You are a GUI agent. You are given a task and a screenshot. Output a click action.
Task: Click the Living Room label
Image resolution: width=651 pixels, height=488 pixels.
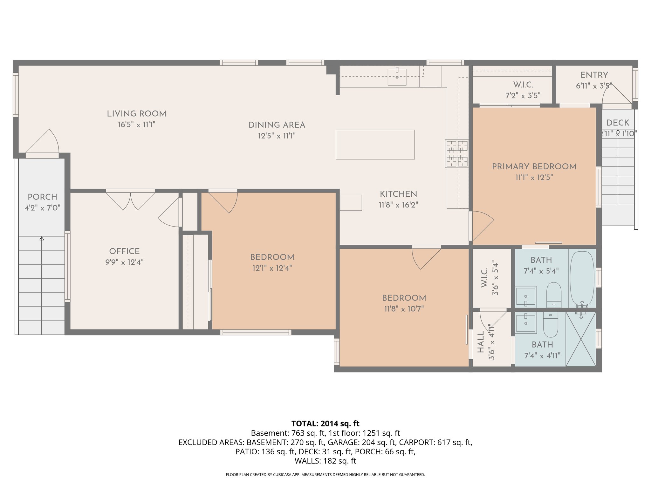pyautogui.click(x=136, y=114)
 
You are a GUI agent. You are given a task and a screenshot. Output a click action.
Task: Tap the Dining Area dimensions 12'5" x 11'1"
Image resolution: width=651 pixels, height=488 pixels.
pyautogui.click(x=277, y=136)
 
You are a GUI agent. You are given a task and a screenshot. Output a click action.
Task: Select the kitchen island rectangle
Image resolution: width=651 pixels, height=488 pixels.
pyautogui.click(x=375, y=144)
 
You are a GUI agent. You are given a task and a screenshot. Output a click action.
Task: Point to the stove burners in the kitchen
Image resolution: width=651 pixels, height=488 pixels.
pyautogui.click(x=457, y=154)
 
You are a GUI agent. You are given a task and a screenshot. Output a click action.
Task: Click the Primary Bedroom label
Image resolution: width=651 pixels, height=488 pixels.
pyautogui.click(x=534, y=166)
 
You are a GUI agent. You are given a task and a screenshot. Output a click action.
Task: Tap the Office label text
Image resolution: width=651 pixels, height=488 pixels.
pyautogui.click(x=124, y=251)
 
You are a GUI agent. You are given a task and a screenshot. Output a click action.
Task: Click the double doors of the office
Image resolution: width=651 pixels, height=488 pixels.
pyautogui.click(x=130, y=200)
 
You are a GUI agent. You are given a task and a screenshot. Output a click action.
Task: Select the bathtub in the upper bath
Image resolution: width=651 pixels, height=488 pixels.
pyautogui.click(x=582, y=278)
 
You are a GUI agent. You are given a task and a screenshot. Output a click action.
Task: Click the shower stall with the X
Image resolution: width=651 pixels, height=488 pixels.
pyautogui.click(x=581, y=339)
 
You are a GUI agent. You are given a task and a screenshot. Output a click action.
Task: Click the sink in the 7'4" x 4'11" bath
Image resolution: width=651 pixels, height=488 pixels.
pyautogui.click(x=526, y=322)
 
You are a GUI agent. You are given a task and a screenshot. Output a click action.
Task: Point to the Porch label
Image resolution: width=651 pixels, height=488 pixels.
pyautogui.click(x=42, y=197)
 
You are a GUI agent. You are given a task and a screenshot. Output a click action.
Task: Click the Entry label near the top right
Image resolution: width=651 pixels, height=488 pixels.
pyautogui.click(x=594, y=75)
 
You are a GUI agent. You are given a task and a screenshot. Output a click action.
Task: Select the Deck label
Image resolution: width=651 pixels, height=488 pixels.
pyautogui.click(x=618, y=123)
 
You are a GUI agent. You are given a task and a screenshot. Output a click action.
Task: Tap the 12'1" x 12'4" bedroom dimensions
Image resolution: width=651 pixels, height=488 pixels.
pyautogui.click(x=272, y=268)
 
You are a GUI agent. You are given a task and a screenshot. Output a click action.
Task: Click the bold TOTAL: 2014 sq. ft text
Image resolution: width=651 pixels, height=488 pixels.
pyautogui.click(x=325, y=424)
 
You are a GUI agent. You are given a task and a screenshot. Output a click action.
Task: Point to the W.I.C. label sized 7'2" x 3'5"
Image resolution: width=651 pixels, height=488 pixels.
pyautogui.click(x=523, y=85)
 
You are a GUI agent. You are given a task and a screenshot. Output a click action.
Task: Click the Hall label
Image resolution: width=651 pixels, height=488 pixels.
pyautogui.click(x=481, y=342)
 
